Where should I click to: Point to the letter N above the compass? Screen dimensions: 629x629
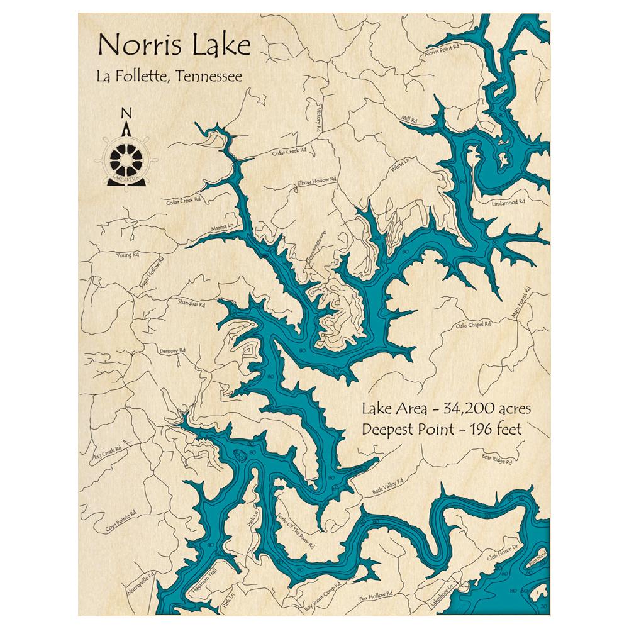pyautogui.click(x=126, y=113)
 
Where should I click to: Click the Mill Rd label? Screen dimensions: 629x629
pyautogui.click(x=409, y=118)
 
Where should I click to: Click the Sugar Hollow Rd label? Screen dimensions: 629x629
pyautogui.click(x=150, y=276)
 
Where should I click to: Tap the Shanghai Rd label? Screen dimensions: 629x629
pyautogui.click(x=192, y=304)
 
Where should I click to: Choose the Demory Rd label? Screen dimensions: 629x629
pyautogui.click(x=173, y=350)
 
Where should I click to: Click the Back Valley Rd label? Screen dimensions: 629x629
pyautogui.click(x=387, y=484)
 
